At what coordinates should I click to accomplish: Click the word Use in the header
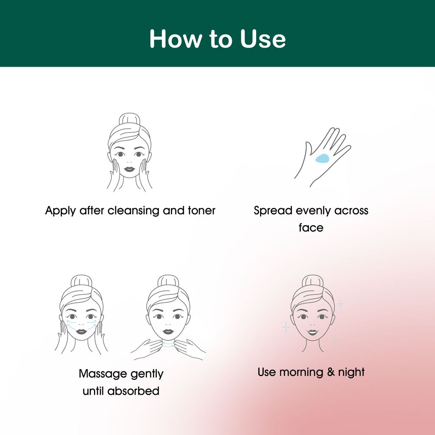click(263, 39)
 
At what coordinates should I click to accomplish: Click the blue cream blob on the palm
click(322, 158)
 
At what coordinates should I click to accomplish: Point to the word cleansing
click(133, 211)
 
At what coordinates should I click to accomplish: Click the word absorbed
click(133, 391)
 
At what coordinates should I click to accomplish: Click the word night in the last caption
click(351, 373)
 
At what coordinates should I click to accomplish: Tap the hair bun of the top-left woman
click(129, 119)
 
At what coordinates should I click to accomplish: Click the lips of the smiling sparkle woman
click(312, 332)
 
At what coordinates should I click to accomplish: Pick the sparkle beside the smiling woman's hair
click(340, 304)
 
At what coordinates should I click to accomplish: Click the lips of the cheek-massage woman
click(82, 331)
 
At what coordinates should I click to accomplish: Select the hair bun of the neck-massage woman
click(168, 281)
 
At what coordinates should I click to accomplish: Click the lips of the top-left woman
click(129, 169)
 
